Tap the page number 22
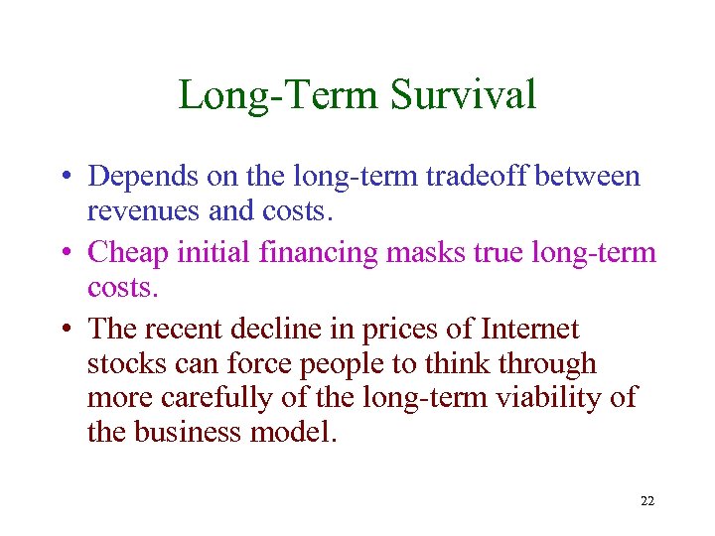(x=647, y=501)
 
